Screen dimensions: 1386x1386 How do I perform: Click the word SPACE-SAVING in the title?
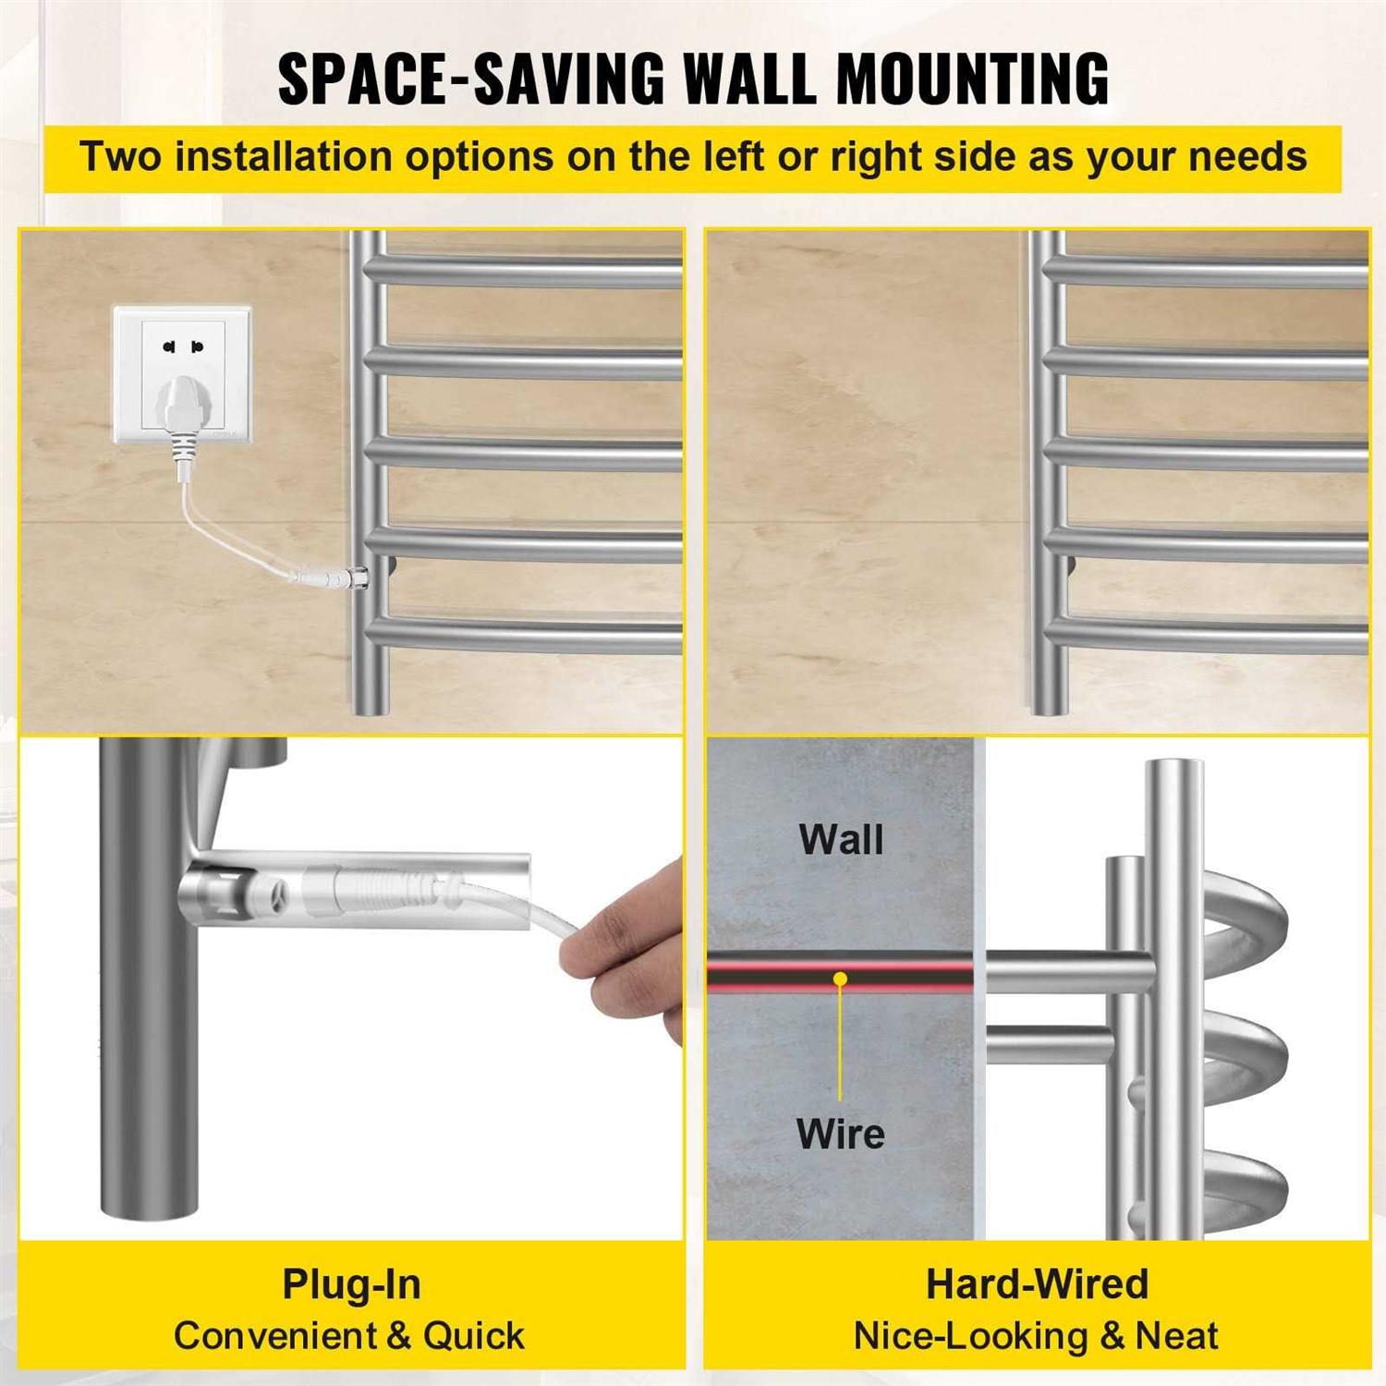[470, 79]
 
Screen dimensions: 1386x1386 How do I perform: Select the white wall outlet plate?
[182, 374]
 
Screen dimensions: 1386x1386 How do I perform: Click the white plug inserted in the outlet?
[181, 411]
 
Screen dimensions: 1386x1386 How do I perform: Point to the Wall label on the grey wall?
[841, 840]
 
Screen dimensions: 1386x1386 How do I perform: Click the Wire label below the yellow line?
[840, 1134]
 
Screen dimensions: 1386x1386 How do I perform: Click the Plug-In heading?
[351, 1284]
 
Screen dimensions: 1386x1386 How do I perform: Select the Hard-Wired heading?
[1037, 1284]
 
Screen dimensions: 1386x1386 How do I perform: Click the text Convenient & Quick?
[349, 1336]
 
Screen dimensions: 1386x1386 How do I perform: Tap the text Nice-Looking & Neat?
[1036, 1336]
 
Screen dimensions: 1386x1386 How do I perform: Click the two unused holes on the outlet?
[182, 347]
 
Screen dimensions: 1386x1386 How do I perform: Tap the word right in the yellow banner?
[876, 157]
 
